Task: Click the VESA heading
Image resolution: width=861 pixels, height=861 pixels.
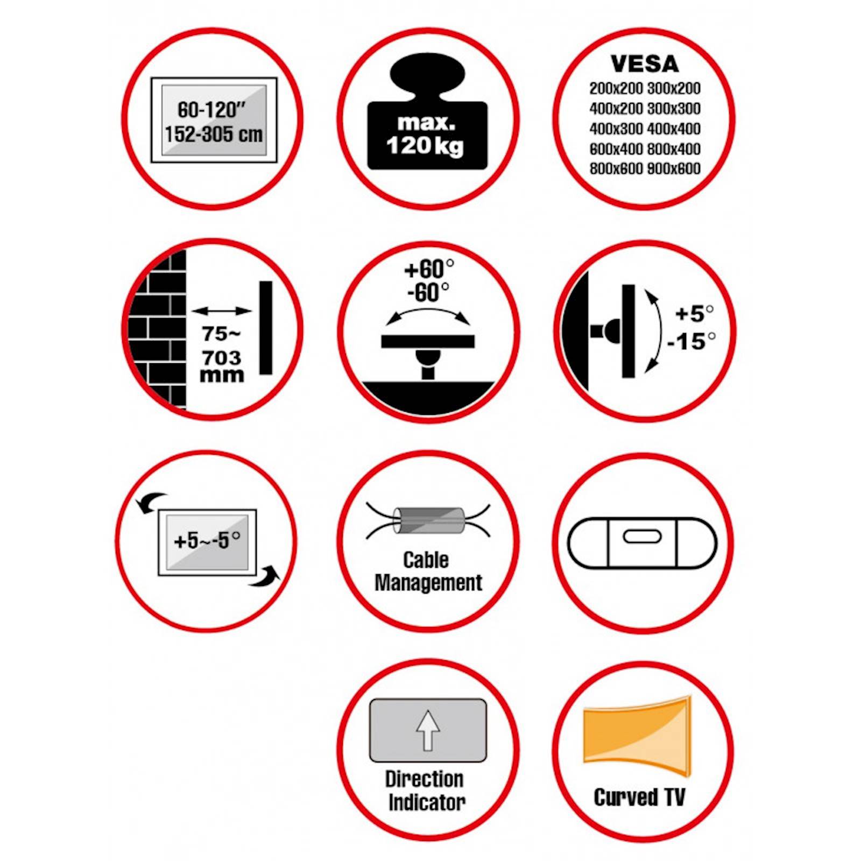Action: click(x=644, y=64)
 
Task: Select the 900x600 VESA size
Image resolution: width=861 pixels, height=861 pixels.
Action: click(x=674, y=168)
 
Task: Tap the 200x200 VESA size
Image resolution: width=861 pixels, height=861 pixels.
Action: click(x=616, y=88)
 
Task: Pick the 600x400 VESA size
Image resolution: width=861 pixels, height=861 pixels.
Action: click(x=616, y=149)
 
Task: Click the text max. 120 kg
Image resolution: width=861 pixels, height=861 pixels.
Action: click(x=425, y=135)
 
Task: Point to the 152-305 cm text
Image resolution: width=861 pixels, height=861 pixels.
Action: click(x=214, y=134)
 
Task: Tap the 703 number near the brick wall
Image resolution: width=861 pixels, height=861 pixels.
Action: click(x=221, y=357)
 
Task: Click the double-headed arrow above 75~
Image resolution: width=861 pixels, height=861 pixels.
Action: click(x=221, y=311)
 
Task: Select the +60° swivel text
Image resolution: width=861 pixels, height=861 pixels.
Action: click(x=429, y=269)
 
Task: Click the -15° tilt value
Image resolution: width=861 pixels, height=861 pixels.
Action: click(x=691, y=341)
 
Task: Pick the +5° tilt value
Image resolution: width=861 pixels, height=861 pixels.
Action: click(x=694, y=313)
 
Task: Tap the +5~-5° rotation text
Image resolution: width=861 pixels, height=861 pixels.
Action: click(x=207, y=540)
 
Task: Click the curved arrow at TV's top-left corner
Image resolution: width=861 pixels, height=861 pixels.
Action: click(x=151, y=503)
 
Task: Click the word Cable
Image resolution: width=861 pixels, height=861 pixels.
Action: click(x=426, y=560)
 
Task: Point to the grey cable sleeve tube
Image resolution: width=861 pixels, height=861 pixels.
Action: click(x=428, y=520)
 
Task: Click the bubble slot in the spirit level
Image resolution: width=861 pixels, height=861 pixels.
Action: click(x=641, y=537)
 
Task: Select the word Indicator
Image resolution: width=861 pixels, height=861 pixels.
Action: click(x=427, y=802)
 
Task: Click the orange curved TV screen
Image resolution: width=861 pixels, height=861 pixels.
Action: click(x=637, y=736)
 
